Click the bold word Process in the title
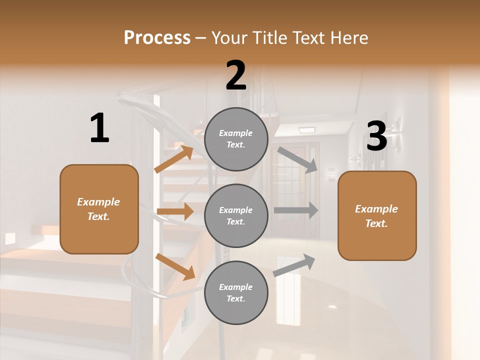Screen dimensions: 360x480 tap(157, 37)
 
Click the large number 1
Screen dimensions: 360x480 tap(99, 128)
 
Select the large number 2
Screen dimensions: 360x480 tap(236, 75)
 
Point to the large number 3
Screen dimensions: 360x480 tap(376, 136)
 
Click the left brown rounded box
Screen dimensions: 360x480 tap(99, 209)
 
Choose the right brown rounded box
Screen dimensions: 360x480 tap(377, 216)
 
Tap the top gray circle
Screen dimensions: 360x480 tap(236, 139)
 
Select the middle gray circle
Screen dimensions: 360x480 tap(236, 215)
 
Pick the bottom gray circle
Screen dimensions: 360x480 tap(236, 292)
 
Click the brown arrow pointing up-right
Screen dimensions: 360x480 tap(174, 159)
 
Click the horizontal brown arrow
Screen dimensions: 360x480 tap(175, 211)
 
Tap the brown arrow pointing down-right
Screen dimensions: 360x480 tap(175, 266)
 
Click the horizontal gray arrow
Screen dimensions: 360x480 tap(295, 210)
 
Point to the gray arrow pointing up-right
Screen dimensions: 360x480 tap(294, 265)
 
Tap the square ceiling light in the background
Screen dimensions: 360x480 tap(306, 130)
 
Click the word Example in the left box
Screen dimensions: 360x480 tap(98, 202)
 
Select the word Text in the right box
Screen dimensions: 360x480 tap(376, 223)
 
